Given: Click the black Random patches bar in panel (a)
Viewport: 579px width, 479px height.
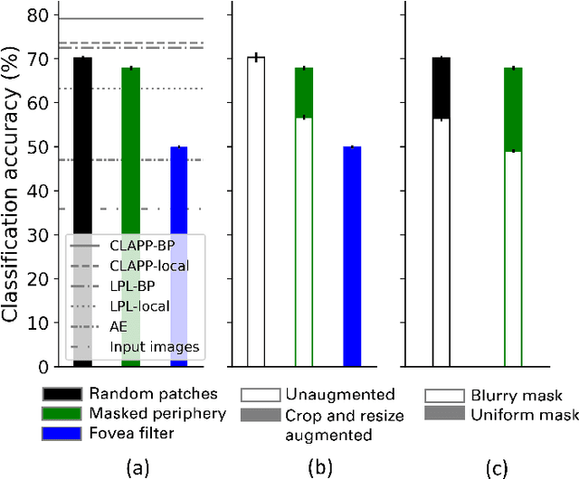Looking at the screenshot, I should pos(82,145).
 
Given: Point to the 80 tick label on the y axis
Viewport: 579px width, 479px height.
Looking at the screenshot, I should pos(39,15).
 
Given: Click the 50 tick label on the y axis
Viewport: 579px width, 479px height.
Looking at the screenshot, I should pos(39,146).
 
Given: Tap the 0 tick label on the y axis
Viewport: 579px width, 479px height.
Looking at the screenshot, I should pos(43,366).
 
